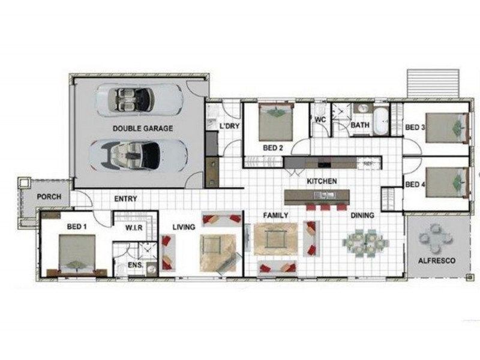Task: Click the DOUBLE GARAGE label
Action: point(142,128)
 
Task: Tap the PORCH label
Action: point(48,197)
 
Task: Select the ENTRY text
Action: point(125,199)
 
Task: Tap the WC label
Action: point(320,119)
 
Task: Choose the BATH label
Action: point(360,125)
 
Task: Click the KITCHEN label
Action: point(322,181)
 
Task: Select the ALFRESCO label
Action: point(437,261)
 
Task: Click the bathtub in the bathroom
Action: point(380,121)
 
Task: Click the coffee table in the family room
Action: point(275,238)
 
